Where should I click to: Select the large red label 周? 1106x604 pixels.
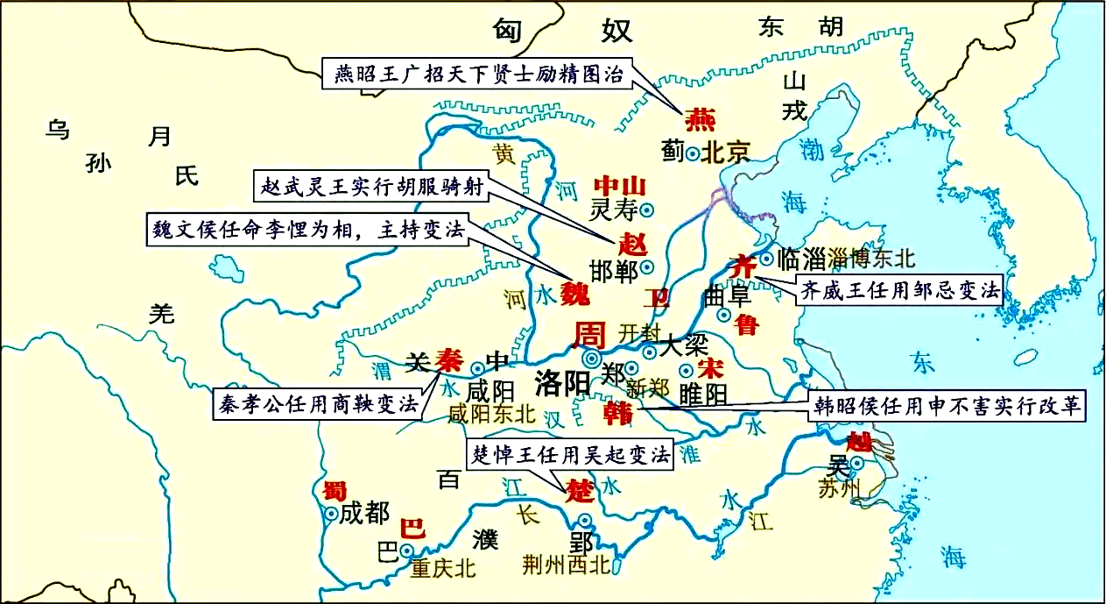[589, 334]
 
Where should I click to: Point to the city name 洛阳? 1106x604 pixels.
[562, 384]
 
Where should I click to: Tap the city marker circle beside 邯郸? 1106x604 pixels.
[647, 266]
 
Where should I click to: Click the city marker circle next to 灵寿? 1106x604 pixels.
[647, 210]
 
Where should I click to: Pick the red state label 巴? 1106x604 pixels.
[412, 529]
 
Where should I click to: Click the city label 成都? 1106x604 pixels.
[364, 513]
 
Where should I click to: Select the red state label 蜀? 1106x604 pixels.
[330, 490]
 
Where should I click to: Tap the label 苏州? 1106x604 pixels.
[840, 488]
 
